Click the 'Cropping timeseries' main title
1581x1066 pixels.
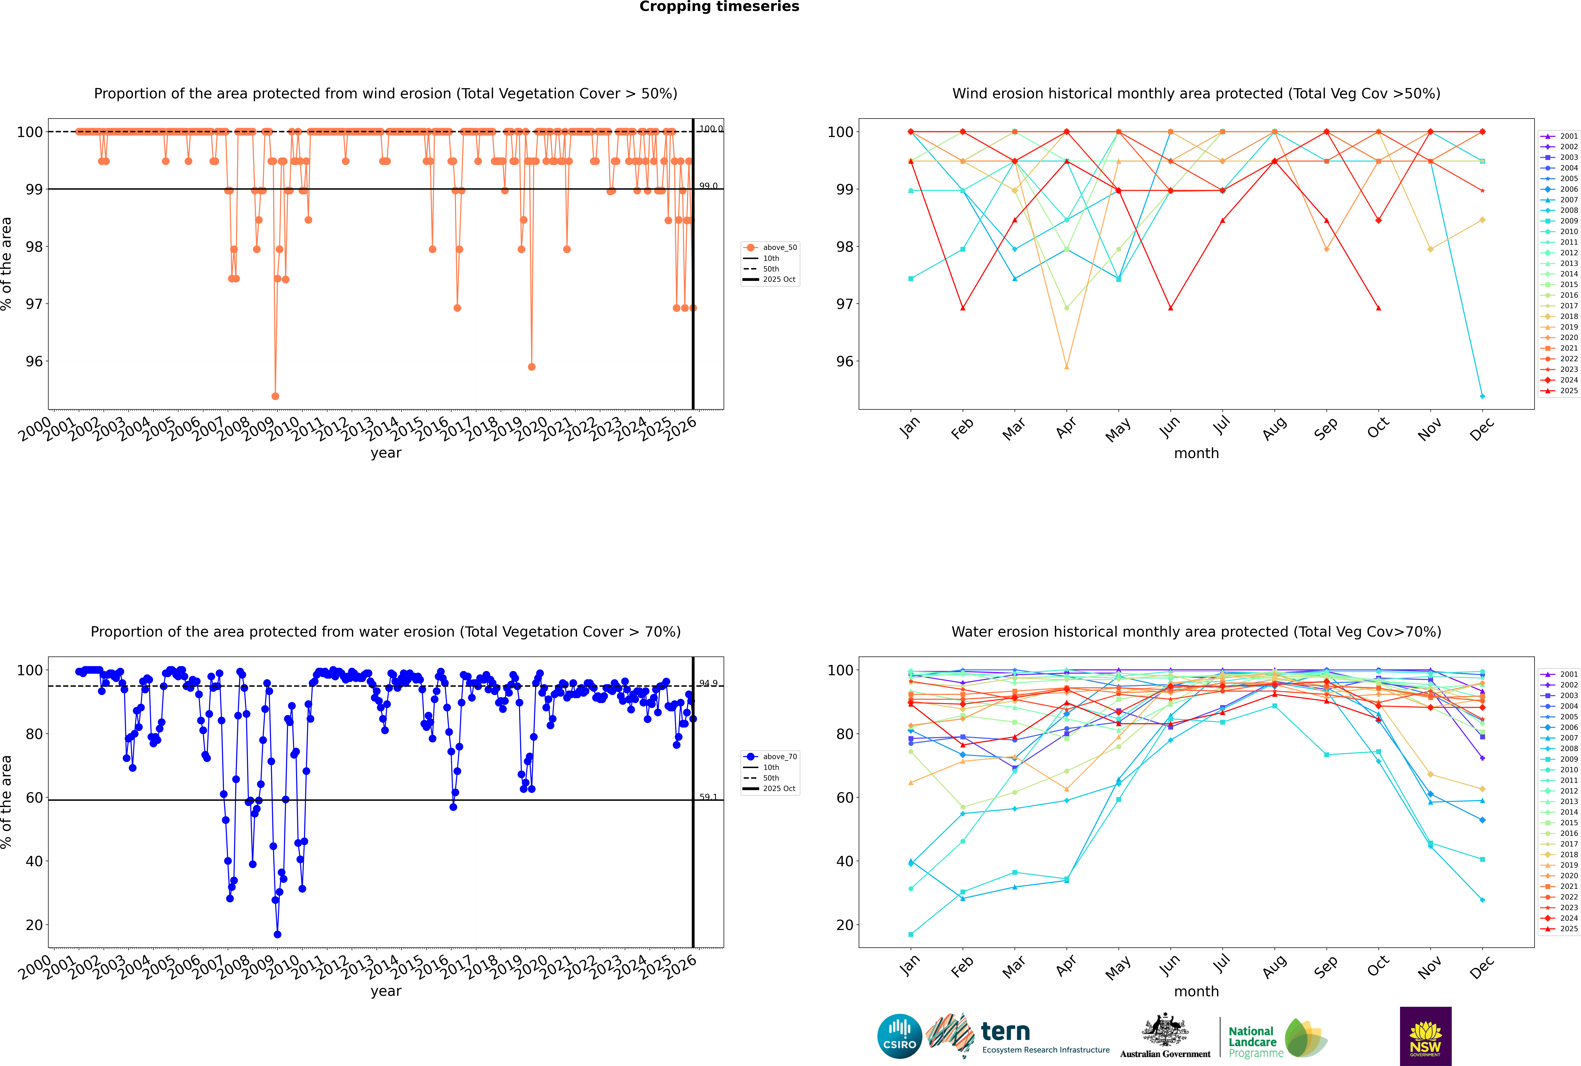pyautogui.click(x=719, y=7)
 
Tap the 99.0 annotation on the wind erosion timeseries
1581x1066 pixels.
pyautogui.click(x=708, y=186)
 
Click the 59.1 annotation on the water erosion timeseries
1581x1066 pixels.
pyautogui.click(x=708, y=797)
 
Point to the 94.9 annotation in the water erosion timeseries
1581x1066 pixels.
pyautogui.click(x=708, y=683)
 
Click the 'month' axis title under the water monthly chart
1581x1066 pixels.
pyautogui.click(x=1196, y=991)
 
